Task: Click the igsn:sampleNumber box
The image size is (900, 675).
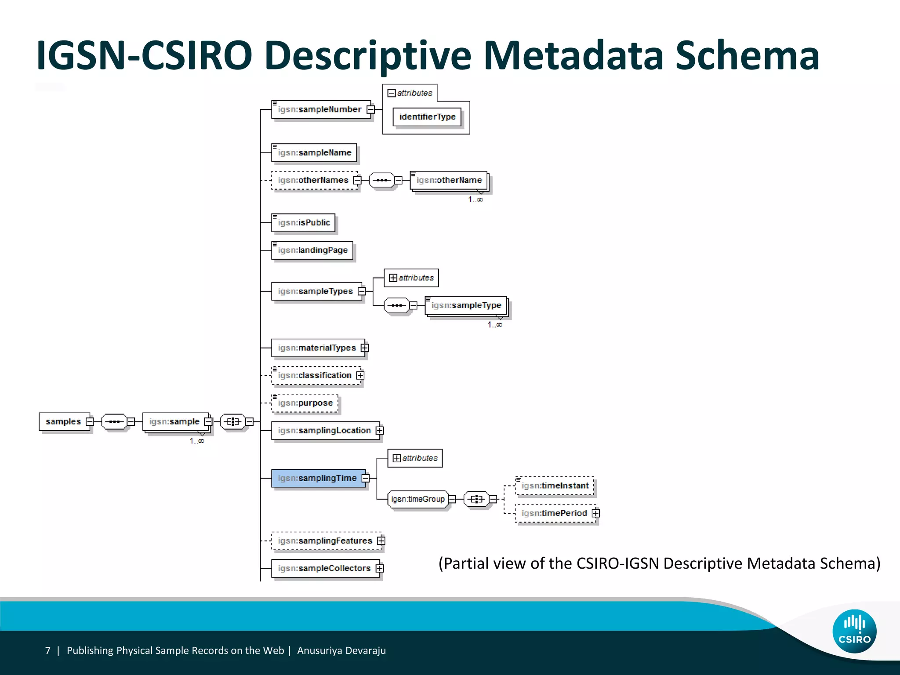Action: point(320,109)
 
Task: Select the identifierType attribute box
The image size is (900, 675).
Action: point(427,117)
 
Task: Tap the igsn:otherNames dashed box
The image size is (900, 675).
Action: point(313,180)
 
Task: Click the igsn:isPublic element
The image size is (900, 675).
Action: point(303,223)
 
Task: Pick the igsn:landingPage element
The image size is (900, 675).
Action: point(312,250)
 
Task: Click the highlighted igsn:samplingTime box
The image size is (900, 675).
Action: point(317,478)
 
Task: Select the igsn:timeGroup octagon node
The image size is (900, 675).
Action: point(417,499)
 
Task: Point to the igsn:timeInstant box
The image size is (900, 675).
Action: point(555,486)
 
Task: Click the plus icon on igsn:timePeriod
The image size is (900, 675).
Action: point(596,513)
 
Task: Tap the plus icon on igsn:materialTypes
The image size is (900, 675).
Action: point(365,348)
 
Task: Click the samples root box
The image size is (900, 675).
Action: point(63,421)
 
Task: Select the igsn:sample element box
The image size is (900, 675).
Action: point(174,421)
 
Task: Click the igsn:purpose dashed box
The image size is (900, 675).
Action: point(305,403)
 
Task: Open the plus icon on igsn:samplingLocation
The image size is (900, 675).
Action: point(380,431)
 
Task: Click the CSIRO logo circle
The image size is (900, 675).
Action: point(854,631)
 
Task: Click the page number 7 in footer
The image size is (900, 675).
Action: point(48,650)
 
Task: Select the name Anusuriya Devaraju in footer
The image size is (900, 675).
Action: point(341,650)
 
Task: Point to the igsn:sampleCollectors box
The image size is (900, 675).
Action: point(324,568)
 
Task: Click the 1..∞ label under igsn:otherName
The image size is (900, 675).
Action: point(475,200)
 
